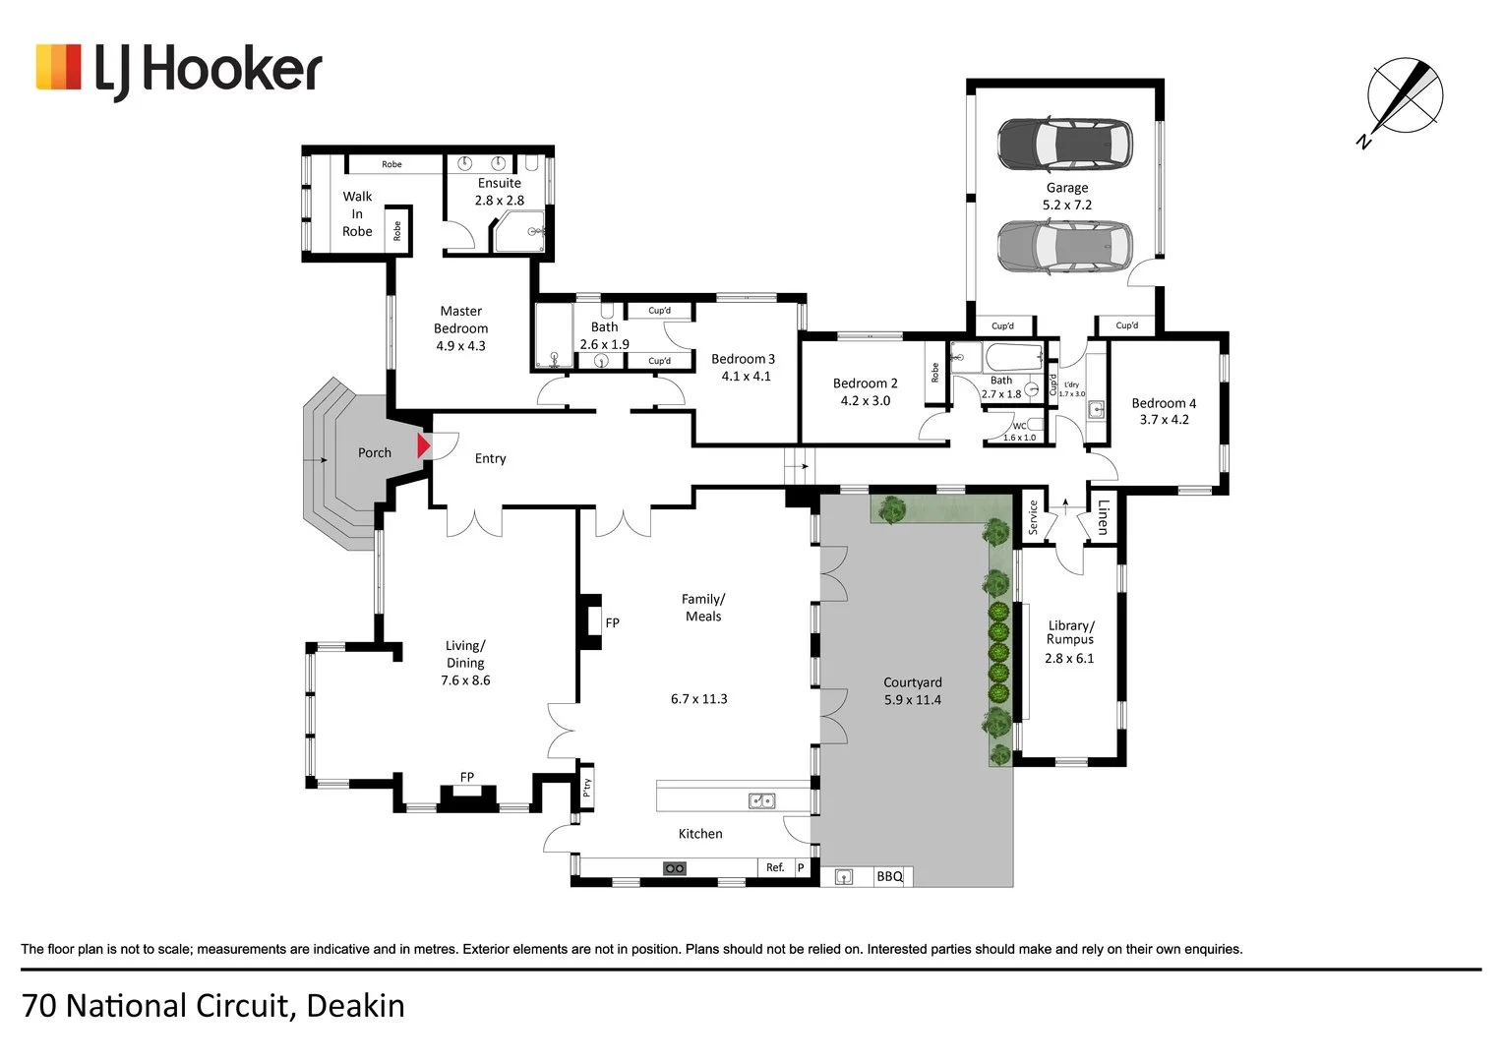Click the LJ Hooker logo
click(179, 70)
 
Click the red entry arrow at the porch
click(424, 446)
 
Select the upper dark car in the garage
click(1064, 144)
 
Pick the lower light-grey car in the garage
click(1064, 246)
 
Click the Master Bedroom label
click(460, 320)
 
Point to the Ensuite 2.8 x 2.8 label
click(500, 192)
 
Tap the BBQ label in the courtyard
click(889, 876)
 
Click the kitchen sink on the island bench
click(761, 800)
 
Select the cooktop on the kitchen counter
click(674, 868)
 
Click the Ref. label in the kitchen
click(775, 867)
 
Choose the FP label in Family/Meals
click(612, 622)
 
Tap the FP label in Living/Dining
click(467, 777)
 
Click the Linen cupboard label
click(1103, 516)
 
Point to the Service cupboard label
click(1033, 517)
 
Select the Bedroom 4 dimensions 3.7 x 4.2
click(1164, 420)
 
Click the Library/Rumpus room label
click(1070, 632)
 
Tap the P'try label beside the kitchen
click(587, 788)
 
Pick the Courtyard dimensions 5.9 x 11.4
click(912, 700)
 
